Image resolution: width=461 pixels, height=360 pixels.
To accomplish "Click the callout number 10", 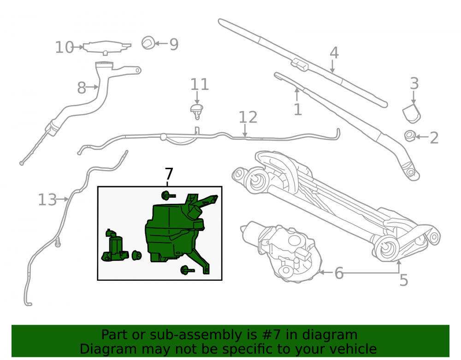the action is [x=65, y=47].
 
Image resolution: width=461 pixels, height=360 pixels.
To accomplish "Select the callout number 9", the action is [x=174, y=44].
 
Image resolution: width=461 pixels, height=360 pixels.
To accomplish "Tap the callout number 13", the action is [x=47, y=200].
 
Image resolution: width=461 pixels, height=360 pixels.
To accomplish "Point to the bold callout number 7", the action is [x=169, y=174].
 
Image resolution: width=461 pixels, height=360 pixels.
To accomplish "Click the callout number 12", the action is [x=248, y=117].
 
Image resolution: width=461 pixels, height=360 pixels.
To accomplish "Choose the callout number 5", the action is [x=404, y=280].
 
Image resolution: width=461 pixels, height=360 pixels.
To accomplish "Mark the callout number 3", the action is [x=414, y=83].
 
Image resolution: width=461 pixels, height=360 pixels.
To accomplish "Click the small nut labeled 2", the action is [x=409, y=136].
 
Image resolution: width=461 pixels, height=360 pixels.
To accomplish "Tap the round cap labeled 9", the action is [x=148, y=43].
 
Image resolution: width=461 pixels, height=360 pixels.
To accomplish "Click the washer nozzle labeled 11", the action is [x=196, y=111].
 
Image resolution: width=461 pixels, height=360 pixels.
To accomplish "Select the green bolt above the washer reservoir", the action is [x=168, y=195].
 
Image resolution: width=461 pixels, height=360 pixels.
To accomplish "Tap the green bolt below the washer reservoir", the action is [x=187, y=270].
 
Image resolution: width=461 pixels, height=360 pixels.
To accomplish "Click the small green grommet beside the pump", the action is [x=137, y=255].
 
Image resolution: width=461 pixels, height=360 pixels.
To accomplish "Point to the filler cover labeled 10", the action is [x=107, y=47].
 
